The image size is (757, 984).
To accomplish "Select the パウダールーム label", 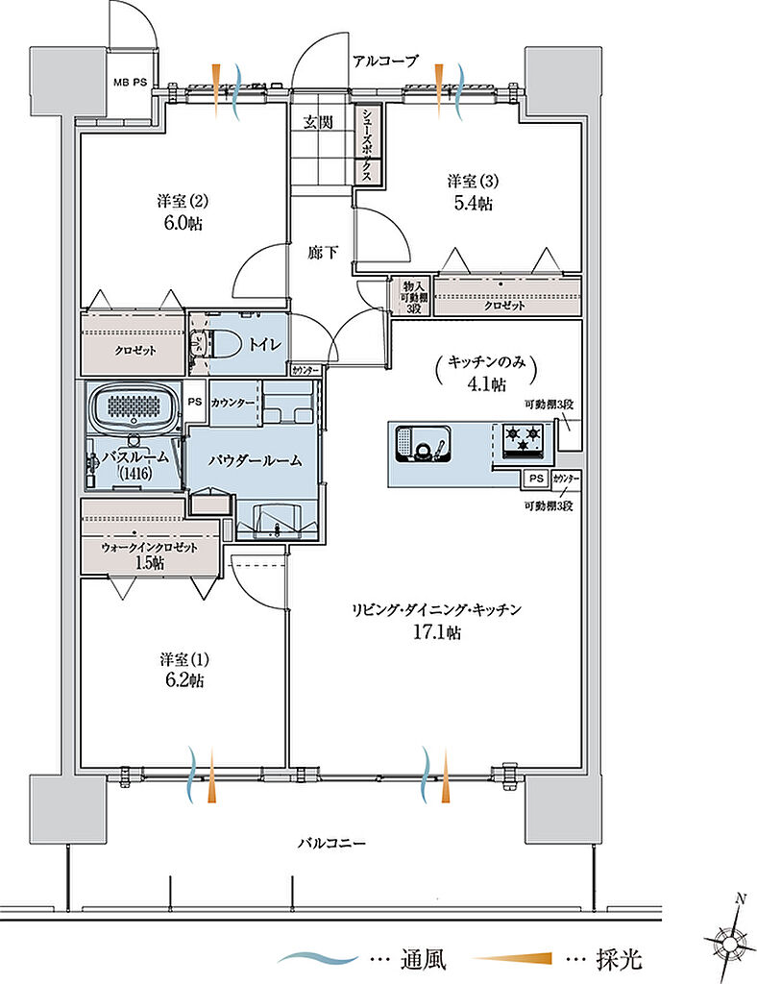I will pos(256,460).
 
